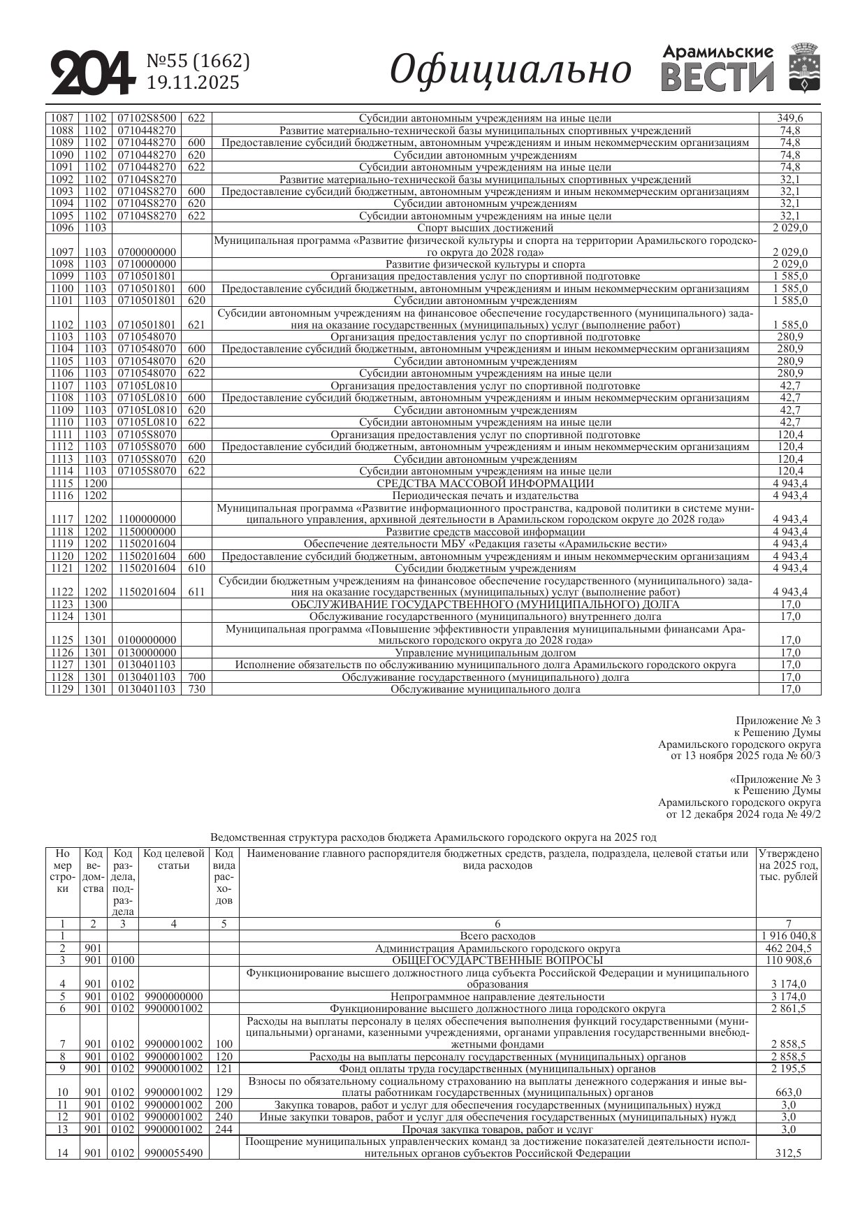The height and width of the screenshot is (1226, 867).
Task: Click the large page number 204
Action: [92, 72]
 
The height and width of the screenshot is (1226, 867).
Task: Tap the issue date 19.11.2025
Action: [193, 83]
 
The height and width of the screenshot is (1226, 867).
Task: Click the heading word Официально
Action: [510, 70]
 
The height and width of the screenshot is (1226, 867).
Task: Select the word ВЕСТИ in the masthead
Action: [717, 78]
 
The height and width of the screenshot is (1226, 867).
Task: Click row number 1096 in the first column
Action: [62, 228]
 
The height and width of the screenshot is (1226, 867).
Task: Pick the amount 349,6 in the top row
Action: [790, 118]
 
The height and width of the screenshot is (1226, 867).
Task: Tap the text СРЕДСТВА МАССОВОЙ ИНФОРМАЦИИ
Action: [485, 483]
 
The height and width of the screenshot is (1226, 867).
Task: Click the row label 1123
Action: [62, 605]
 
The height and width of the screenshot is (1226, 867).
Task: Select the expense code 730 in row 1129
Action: [196, 689]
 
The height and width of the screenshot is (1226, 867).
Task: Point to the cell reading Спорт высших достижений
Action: [485, 228]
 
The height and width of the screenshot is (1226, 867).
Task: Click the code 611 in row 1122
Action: [196, 592]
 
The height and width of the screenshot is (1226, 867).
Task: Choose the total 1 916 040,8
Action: [789, 936]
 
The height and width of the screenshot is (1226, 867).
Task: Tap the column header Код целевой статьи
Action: [174, 860]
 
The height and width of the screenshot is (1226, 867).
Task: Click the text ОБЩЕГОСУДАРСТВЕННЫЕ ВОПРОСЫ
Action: [497, 960]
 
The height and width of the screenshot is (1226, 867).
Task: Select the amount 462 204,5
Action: [789, 949]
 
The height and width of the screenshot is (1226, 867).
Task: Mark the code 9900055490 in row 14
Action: [174, 1153]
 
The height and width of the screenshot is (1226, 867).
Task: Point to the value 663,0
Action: [789, 1092]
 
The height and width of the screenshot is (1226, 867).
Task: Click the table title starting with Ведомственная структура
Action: [433, 837]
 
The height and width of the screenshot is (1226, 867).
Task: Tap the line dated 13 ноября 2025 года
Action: [745, 756]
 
